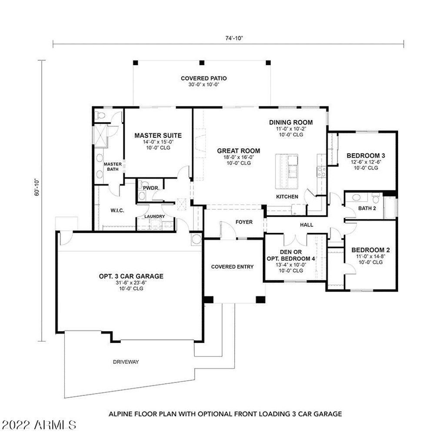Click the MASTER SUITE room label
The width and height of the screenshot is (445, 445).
(x=158, y=136)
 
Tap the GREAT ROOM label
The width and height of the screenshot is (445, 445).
(x=239, y=151)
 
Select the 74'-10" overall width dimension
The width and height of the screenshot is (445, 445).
(x=234, y=38)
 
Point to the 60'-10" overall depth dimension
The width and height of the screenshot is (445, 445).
(x=37, y=187)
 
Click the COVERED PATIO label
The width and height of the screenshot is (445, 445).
(x=204, y=78)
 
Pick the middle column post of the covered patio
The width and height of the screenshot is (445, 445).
(x=202, y=63)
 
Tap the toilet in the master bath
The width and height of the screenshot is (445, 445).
(x=100, y=115)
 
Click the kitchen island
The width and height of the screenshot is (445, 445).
(x=287, y=171)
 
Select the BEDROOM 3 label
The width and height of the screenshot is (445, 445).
(x=366, y=156)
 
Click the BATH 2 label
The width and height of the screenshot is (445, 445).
(x=367, y=208)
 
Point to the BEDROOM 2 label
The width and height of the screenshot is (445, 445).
(x=371, y=250)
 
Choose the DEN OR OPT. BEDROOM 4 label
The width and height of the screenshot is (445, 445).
(x=291, y=255)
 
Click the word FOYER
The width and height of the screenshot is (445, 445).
(x=244, y=222)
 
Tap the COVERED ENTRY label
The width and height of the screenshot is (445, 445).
(x=232, y=266)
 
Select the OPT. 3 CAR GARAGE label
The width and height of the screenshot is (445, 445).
(x=131, y=276)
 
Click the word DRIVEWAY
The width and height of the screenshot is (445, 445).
(x=126, y=362)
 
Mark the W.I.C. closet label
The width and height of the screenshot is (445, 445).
(x=117, y=211)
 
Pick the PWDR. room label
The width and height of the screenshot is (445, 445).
(x=151, y=188)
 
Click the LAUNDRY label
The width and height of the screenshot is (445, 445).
(x=155, y=216)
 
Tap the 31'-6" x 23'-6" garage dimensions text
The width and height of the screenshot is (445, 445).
(x=131, y=282)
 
